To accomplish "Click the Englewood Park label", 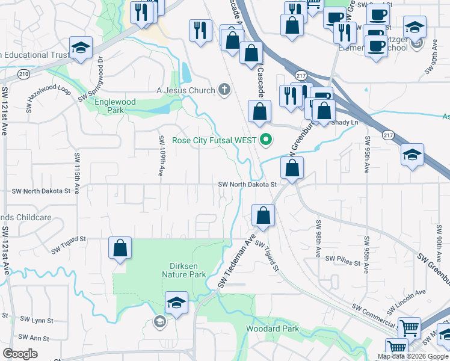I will [115, 106].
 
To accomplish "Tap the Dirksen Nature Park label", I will [183, 270].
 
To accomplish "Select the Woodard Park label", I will [272, 329].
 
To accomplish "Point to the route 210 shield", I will [23, 74].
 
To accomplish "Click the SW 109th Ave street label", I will [161, 155].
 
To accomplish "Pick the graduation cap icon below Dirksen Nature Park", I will [176, 303].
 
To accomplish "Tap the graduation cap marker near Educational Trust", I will [80, 48].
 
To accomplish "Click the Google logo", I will [20, 354].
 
